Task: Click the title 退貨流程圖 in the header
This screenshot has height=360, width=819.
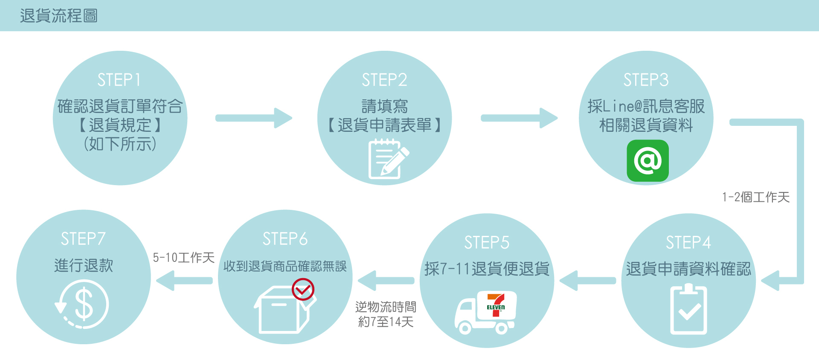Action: click(58, 16)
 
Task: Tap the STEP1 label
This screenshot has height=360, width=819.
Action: click(119, 80)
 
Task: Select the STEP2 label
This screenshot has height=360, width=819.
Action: click(384, 80)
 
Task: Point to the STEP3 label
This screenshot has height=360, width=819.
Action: click(646, 80)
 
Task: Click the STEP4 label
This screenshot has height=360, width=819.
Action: click(688, 242)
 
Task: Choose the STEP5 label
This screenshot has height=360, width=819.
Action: click(487, 242)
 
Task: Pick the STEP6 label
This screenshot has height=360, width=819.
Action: click(285, 239)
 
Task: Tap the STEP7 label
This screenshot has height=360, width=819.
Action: click(83, 239)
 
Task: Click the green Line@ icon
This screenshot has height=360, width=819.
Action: click(648, 160)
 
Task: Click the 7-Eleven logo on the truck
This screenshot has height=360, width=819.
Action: click(496, 305)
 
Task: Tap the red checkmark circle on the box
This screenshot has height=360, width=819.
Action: click(303, 290)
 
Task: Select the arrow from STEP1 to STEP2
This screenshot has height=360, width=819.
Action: click(253, 118)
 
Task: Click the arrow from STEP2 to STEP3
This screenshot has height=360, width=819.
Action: click(519, 118)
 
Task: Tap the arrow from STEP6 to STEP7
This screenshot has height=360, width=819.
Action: click(184, 281)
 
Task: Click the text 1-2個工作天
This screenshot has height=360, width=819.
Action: click(755, 197)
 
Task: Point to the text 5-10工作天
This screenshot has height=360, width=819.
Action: click(183, 258)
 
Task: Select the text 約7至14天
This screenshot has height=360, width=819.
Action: click(386, 322)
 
